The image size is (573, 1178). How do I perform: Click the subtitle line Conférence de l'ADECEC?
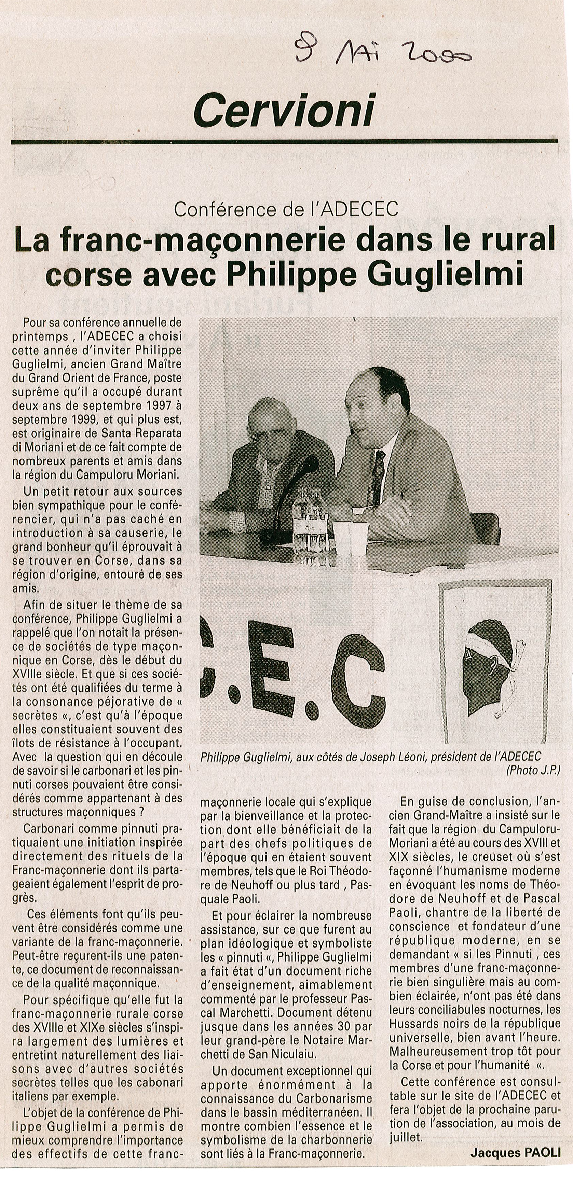tap(286, 210)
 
